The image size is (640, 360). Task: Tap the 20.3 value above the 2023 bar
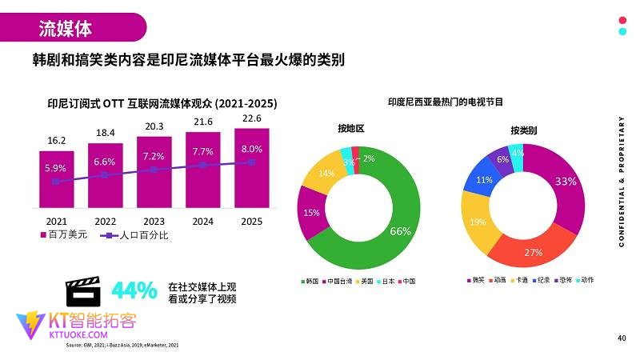[x=154, y=126]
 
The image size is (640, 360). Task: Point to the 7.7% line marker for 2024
[x=202, y=165]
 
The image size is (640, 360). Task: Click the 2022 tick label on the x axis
[x=105, y=222]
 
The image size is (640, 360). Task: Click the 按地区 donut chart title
[x=350, y=129]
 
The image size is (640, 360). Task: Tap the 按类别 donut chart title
[x=524, y=130]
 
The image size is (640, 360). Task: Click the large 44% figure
[x=134, y=291]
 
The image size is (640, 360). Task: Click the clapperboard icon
[x=82, y=292]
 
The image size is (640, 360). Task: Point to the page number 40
[x=622, y=338]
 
